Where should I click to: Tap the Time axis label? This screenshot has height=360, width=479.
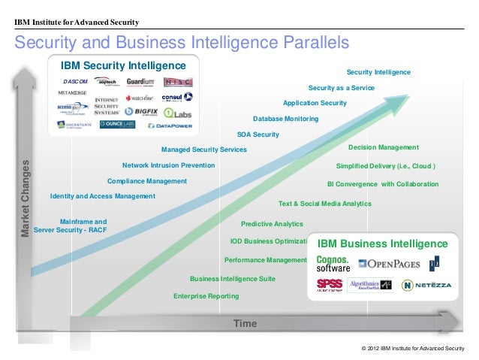pyautogui.click(x=245, y=323)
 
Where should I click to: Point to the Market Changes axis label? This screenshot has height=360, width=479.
pyautogui.click(x=27, y=199)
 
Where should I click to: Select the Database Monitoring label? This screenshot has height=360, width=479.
pyautogui.click(x=285, y=119)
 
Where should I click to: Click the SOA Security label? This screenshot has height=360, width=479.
pyautogui.click(x=258, y=135)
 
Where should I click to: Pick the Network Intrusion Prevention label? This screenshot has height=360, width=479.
pyautogui.click(x=168, y=165)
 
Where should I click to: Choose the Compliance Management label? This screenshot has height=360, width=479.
pyautogui.click(x=147, y=181)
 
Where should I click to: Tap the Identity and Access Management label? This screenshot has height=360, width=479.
pyautogui.click(x=102, y=196)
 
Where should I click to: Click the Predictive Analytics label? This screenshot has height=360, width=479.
pyautogui.click(x=272, y=224)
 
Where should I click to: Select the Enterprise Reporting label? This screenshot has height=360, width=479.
pyautogui.click(x=206, y=296)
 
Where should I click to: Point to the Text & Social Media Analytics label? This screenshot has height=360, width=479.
pyautogui.click(x=324, y=204)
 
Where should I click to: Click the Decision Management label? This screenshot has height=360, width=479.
pyautogui.click(x=383, y=147)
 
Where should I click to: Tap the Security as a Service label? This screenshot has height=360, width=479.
pyautogui.click(x=341, y=87)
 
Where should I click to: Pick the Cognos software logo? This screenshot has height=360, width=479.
pyautogui.click(x=333, y=263)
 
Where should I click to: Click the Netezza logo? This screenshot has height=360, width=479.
pyautogui.click(x=426, y=286)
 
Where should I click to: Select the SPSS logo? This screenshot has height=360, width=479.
pyautogui.click(x=329, y=285)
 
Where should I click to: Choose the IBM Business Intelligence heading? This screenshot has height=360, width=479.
pyautogui.click(x=382, y=244)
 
